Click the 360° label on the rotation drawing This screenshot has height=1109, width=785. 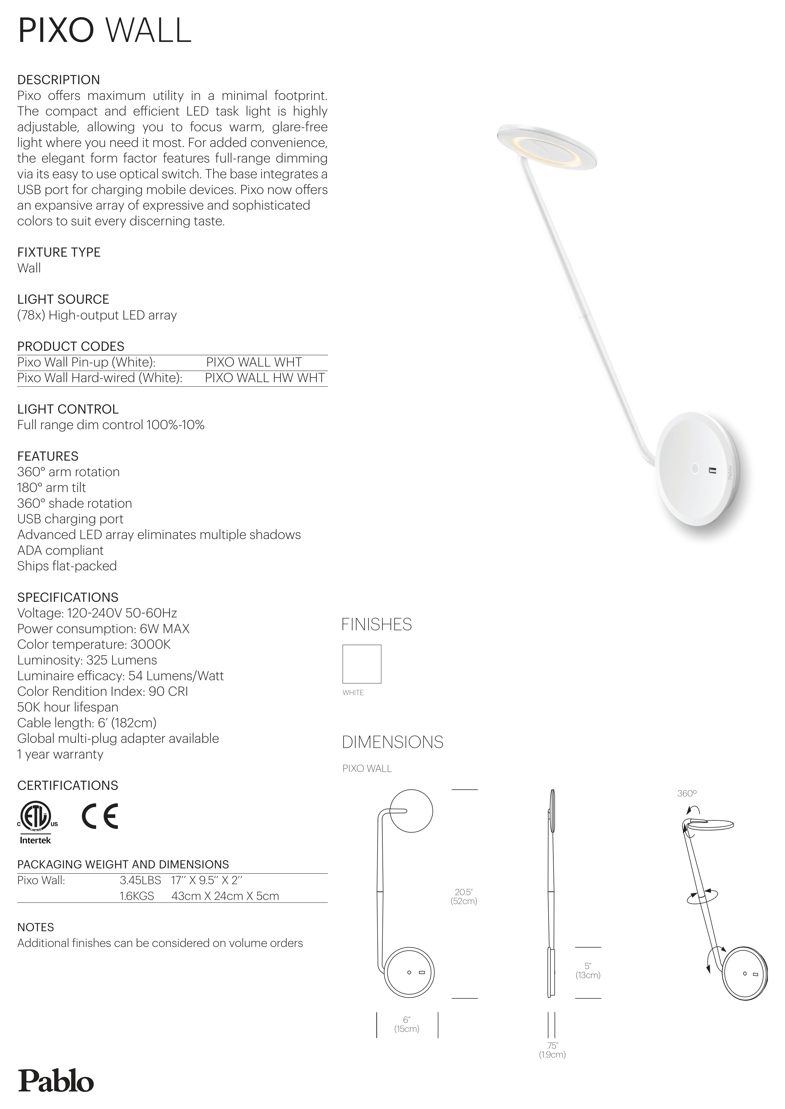(x=686, y=794)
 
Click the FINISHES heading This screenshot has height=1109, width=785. (x=377, y=625)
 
